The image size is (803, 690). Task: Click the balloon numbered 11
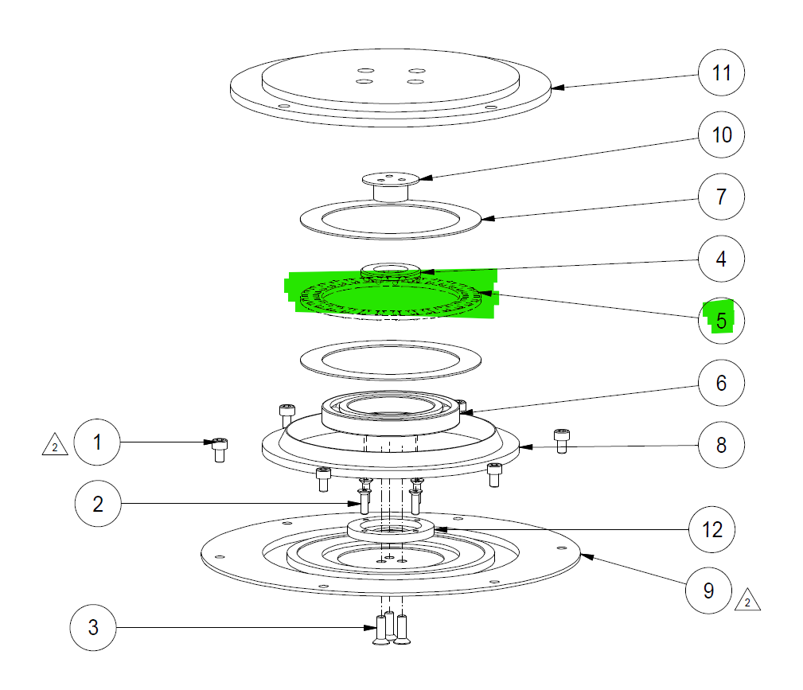tap(721, 73)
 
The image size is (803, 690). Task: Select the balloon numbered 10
tap(721, 134)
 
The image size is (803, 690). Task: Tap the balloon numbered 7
tap(721, 197)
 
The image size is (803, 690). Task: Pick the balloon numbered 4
tap(721, 259)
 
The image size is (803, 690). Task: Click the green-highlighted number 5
tap(720, 320)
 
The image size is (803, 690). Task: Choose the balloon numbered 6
tap(721, 383)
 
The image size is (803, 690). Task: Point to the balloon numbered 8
tap(721, 444)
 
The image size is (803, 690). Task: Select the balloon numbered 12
tap(711, 529)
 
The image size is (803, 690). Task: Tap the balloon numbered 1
tap(97, 442)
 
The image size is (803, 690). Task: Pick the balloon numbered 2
tap(98, 503)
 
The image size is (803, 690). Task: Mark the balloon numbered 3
tap(93, 627)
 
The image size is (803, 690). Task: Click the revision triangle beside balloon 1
tap(54, 446)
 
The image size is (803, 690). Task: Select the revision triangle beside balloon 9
tap(747, 602)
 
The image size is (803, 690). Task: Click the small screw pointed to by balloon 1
tap(220, 450)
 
